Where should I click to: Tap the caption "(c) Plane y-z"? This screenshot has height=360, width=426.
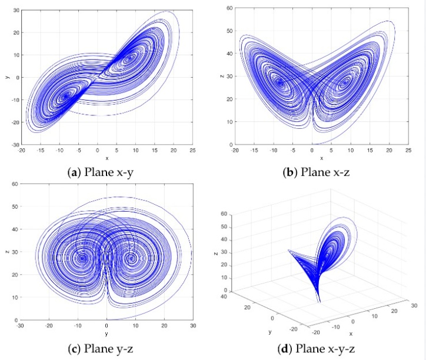(106, 349)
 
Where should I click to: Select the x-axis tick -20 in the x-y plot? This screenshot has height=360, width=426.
(21, 151)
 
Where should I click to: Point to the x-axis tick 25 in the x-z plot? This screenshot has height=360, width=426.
(407, 151)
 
